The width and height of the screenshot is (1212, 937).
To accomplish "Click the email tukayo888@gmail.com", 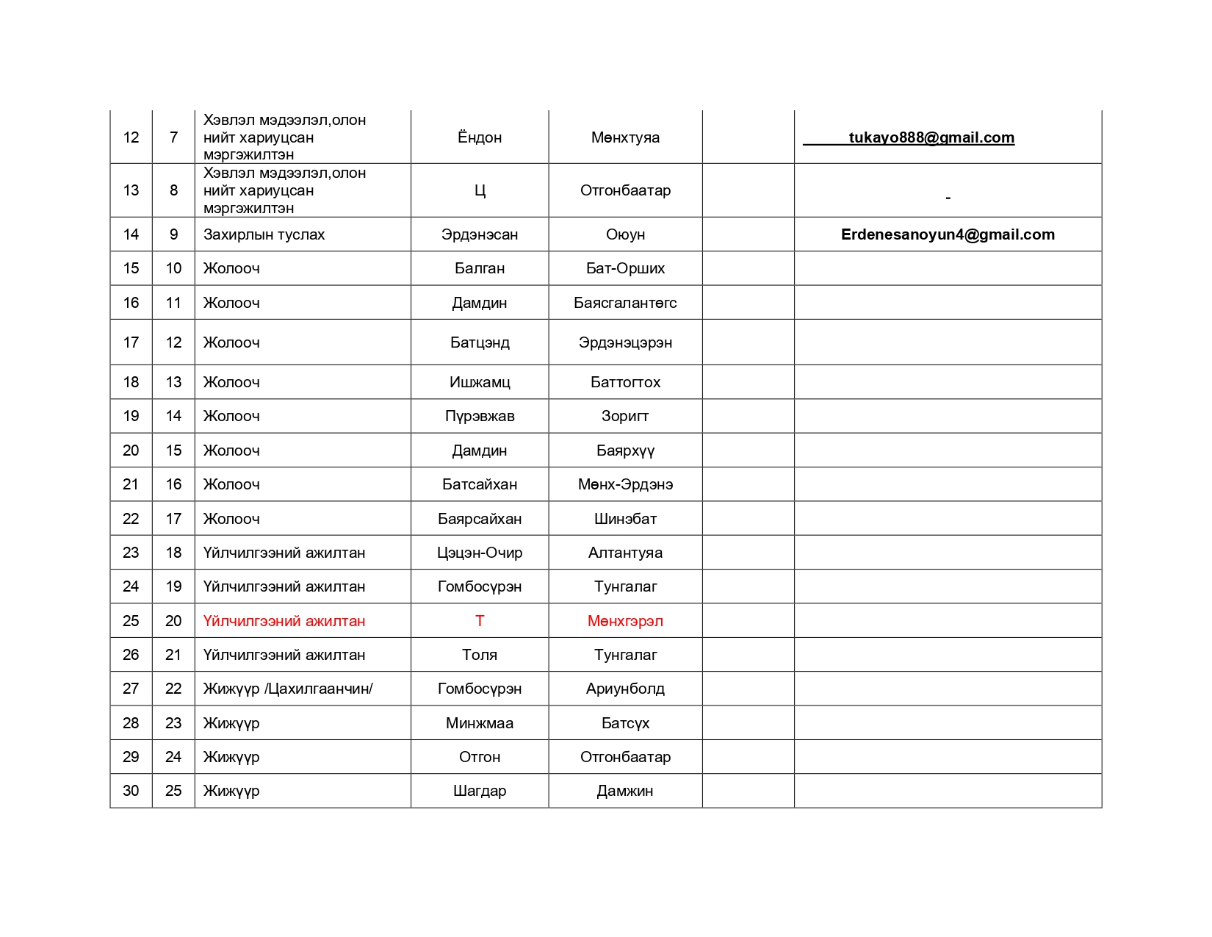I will pos(931,137).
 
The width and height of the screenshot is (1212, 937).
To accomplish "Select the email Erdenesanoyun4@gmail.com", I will pos(948,234).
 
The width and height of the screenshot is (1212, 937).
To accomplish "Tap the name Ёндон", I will pos(480,137).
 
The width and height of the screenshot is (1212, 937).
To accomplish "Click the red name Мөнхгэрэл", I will pos(625,621).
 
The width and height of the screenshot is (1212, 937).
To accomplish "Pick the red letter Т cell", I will pos(480,621).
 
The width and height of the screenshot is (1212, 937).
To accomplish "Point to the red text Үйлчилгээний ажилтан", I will pos(284,621).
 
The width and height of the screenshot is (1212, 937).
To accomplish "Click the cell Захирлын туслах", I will pos(264,234).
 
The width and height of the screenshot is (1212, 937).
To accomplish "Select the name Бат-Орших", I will pos(625,268).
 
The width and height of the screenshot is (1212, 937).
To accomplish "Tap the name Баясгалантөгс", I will pos(625,303).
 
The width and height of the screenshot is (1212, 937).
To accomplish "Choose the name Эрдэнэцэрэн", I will pos(625,342).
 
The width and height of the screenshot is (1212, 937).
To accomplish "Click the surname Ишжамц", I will pos(480,382).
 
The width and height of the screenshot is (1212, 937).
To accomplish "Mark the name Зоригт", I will pos(625,416).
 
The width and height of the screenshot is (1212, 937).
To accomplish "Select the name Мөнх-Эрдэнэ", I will pos(625,484).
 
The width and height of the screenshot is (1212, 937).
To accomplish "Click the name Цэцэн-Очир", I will pos(480,553).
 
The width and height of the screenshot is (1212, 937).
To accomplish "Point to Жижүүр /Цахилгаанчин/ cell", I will pos(288,689).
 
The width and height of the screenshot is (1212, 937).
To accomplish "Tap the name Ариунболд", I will pos(625,689).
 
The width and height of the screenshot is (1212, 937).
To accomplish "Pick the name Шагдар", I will pos(480,791).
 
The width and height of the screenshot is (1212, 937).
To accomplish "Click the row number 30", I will pos(131,791).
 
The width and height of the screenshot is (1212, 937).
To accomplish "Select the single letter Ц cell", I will pos(480,190).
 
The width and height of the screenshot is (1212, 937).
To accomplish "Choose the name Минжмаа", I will pos(480,723).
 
